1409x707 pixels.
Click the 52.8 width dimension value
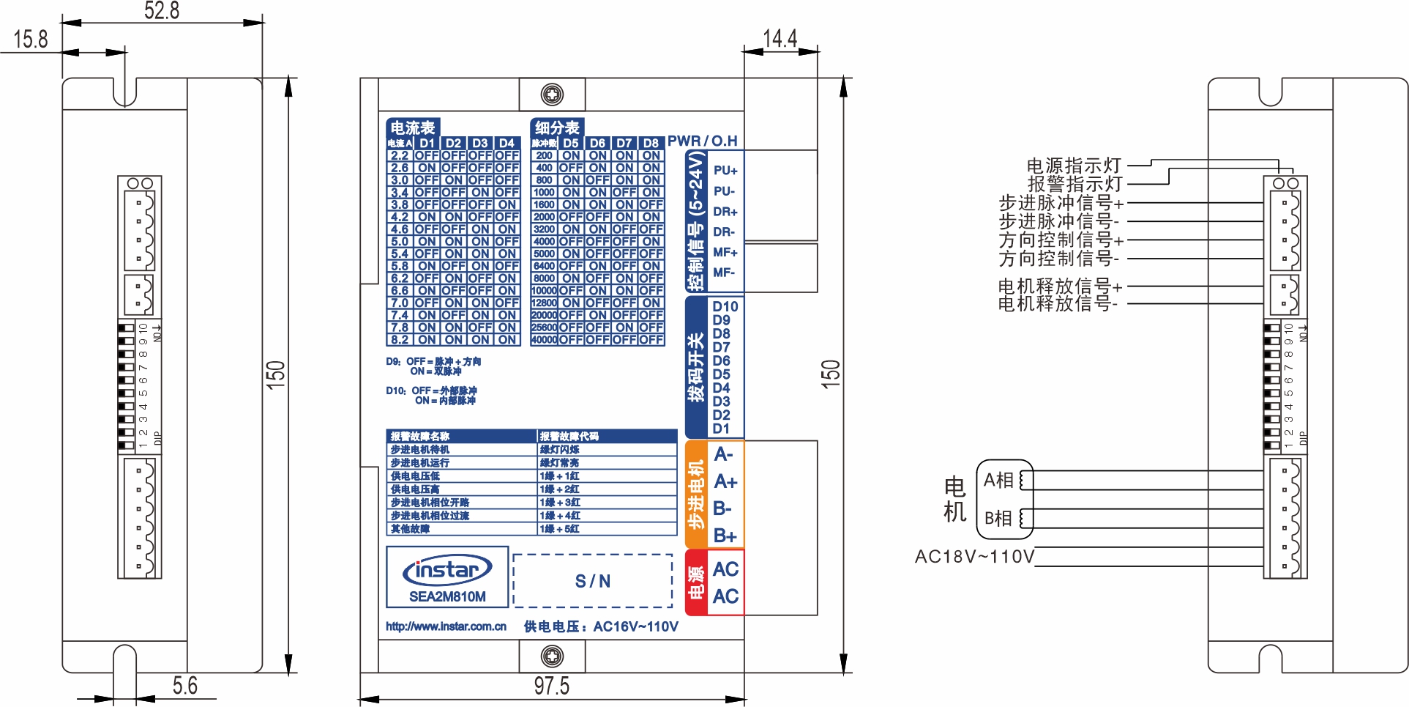tap(162, 10)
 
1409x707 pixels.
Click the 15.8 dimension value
tap(31, 39)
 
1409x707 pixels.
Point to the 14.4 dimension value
tap(780, 38)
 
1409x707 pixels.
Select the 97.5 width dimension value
tap(551, 686)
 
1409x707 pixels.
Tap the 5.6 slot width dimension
tap(184, 686)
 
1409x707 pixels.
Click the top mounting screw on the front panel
tap(552, 95)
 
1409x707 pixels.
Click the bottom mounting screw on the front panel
tap(552, 656)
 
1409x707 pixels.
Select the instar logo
tap(447, 570)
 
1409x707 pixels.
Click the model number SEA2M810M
tap(447, 596)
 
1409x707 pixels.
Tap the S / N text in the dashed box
tap(592, 582)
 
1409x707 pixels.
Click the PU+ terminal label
tap(725, 171)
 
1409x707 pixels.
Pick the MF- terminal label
tap(723, 273)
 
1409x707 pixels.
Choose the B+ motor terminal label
tap(725, 536)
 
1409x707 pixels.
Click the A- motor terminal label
tap(723, 454)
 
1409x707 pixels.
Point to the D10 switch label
tap(725, 306)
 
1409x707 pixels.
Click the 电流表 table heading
tap(413, 127)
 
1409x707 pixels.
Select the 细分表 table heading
tap(556, 127)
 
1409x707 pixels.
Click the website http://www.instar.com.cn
tap(446, 626)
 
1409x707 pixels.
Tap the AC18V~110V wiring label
tap(974, 557)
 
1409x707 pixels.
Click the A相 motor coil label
tap(998, 481)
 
